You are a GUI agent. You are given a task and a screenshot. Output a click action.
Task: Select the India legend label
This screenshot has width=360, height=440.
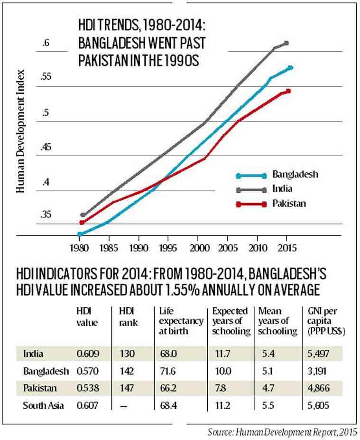[282, 188]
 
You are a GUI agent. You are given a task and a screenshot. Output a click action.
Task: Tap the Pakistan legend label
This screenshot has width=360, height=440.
[289, 203]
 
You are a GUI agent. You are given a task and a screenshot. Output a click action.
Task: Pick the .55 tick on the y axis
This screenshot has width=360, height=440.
[46, 77]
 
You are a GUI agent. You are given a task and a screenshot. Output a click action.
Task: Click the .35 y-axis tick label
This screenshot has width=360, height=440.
[46, 215]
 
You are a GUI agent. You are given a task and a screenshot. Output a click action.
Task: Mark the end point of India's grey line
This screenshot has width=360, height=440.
[286, 43]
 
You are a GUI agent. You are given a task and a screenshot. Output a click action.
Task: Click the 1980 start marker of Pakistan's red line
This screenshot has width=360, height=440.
[82, 222]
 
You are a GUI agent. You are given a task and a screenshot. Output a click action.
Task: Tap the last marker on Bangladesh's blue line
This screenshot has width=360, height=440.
[290, 68]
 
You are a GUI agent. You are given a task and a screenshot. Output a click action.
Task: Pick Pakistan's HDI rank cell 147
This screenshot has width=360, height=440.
[127, 388]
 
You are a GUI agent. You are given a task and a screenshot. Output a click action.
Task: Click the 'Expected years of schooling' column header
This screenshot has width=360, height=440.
[231, 321]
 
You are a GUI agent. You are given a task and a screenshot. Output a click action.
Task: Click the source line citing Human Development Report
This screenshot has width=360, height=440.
[283, 432]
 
